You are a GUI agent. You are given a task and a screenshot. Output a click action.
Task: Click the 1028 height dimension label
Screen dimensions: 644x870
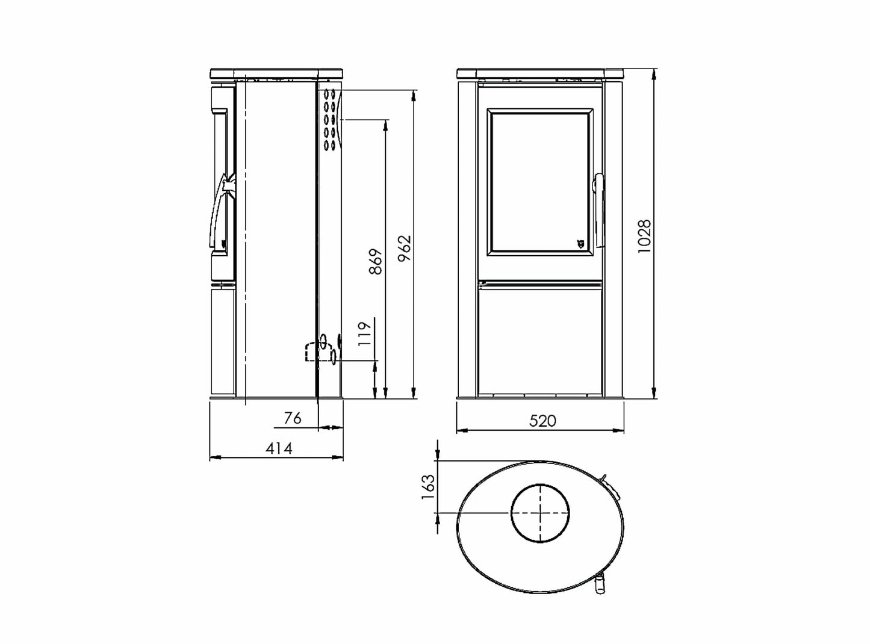[x=645, y=235]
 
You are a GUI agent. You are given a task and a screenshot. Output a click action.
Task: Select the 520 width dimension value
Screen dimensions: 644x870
[x=542, y=420]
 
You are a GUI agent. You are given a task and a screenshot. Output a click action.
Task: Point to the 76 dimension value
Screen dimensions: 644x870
[x=292, y=418]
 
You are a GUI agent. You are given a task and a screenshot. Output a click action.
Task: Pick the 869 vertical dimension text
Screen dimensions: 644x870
[x=375, y=261]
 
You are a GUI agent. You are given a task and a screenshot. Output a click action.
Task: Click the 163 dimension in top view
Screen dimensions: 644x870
[x=428, y=487]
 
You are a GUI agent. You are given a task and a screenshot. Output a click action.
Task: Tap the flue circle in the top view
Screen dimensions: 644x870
[x=540, y=513]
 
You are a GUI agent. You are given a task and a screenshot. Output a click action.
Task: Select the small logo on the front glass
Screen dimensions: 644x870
[x=580, y=243]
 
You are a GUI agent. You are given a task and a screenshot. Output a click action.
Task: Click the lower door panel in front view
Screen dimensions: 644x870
[x=540, y=340]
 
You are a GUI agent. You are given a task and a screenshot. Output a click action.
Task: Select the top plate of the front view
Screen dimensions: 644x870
[x=540, y=73]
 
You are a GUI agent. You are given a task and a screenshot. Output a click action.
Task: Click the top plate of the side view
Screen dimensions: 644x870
[x=277, y=73]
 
